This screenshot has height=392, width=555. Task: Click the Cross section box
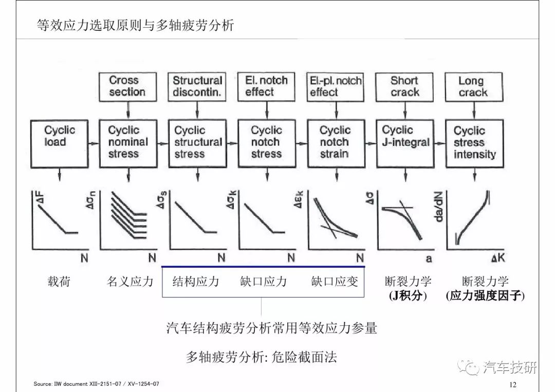coord(127,87)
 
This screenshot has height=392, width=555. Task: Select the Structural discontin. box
coord(197,87)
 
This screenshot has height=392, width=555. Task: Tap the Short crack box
coord(404,87)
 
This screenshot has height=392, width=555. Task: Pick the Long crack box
coord(474,87)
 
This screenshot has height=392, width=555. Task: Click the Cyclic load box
coord(60,144)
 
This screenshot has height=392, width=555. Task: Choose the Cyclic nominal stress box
coord(128,144)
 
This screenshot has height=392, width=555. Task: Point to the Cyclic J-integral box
coord(405,144)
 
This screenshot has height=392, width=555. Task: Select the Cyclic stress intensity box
coord(475,144)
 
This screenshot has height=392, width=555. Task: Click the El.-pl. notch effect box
coord(335,87)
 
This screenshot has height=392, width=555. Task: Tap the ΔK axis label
coord(498,258)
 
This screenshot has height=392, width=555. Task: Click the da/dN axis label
coord(438,207)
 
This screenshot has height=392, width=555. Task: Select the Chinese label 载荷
coord(59,282)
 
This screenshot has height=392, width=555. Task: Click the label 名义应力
coord(130,282)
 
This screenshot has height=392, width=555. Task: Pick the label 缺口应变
coord(335,282)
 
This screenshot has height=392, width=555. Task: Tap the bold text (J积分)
coord(408,295)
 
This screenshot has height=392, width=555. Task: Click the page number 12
coord(512,385)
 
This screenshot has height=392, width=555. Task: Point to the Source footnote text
coord(96,383)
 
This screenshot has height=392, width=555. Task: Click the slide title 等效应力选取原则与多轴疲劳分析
coord(135,25)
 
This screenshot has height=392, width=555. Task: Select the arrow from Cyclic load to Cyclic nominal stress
coord(94,144)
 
